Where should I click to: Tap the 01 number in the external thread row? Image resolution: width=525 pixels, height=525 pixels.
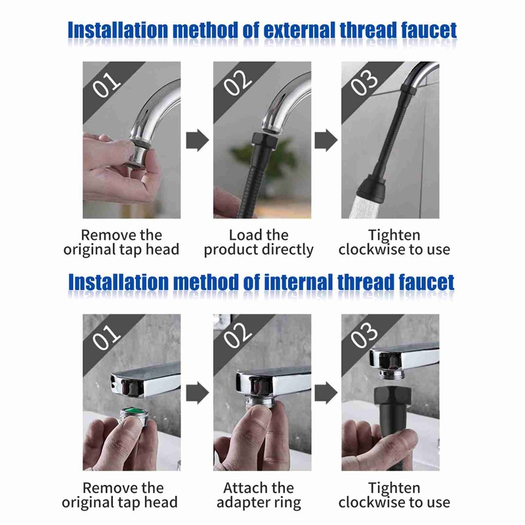pyautogui.click(x=107, y=83)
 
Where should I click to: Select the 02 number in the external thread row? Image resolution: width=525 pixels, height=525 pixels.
pyautogui.click(x=238, y=83)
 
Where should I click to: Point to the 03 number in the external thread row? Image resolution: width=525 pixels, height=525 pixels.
pyautogui.click(x=366, y=83)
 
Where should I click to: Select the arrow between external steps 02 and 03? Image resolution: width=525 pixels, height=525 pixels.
pyautogui.click(x=325, y=140)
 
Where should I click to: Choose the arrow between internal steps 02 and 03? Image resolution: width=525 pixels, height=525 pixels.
pyautogui.click(x=325, y=392)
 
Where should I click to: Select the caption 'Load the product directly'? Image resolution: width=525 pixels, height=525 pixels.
pyautogui.click(x=259, y=242)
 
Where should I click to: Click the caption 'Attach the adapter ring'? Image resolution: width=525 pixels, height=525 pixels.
pyautogui.click(x=259, y=495)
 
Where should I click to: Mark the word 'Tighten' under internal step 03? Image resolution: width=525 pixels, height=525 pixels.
pyautogui.click(x=394, y=488)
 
